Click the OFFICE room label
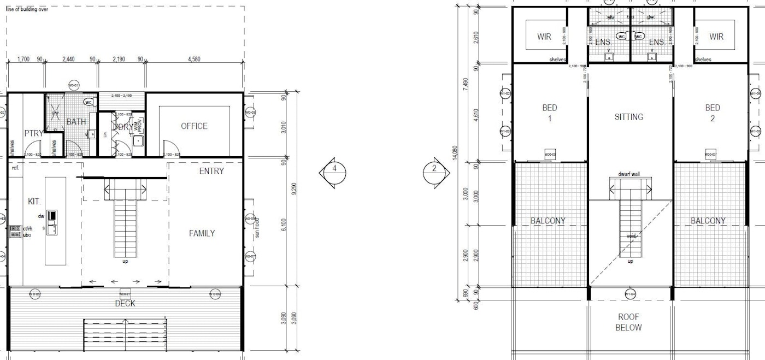coord(194,126)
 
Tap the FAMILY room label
coord(202,233)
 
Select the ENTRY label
coord(211,171)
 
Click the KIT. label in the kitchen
coord(34,202)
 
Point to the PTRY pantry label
coord(33,133)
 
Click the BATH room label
coord(76,121)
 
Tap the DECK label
coord(125,303)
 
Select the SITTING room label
coord(629,117)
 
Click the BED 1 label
coord(549,113)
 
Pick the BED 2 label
coord(713,113)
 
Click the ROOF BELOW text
coord(628,322)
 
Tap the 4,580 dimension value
coord(195,58)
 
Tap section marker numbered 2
coord(434,169)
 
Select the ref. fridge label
coord(15,168)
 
